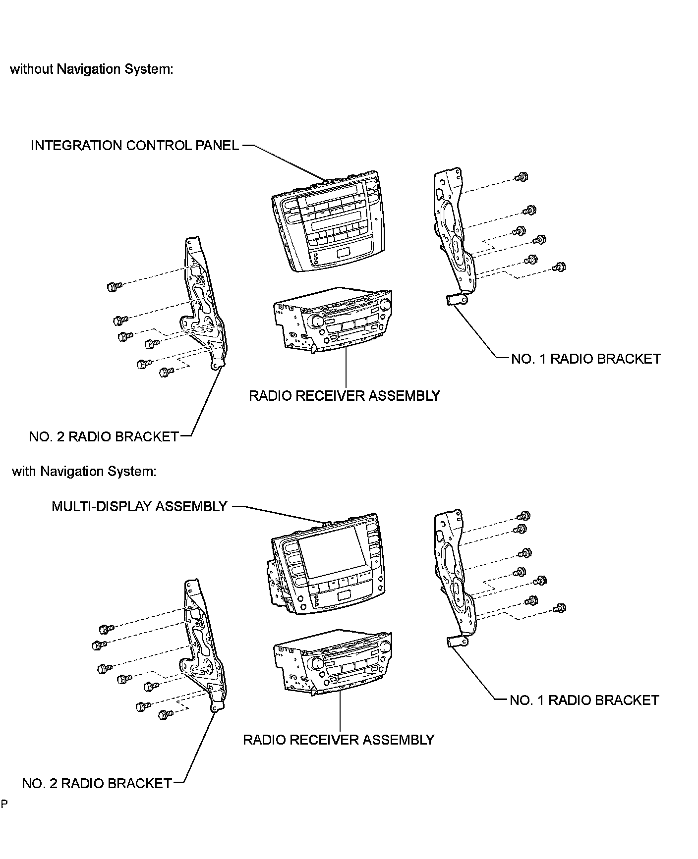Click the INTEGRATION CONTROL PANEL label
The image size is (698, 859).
(x=134, y=146)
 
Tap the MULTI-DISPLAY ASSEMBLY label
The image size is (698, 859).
(x=139, y=506)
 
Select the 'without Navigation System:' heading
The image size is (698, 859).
(x=92, y=69)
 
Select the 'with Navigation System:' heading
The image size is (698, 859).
(x=84, y=471)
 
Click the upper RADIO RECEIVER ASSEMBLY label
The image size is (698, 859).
(x=345, y=396)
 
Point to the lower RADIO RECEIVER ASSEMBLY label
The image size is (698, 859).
(x=339, y=740)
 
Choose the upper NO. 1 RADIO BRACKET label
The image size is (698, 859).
(x=585, y=359)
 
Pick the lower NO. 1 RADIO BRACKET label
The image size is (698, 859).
(x=584, y=700)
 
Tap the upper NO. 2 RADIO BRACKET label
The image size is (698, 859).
(x=104, y=436)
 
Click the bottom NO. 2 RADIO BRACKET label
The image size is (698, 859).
(x=97, y=783)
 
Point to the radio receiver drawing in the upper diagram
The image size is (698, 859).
(x=332, y=320)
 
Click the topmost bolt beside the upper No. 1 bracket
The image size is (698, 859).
(x=522, y=177)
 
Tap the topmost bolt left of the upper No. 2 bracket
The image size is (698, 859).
(x=114, y=286)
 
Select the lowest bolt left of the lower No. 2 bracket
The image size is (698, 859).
(x=166, y=715)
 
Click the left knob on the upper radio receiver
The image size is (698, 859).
(x=317, y=321)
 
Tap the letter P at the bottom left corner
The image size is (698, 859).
(x=4, y=804)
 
